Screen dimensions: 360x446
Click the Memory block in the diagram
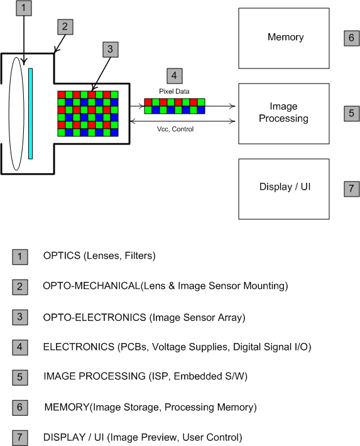[x=284, y=38]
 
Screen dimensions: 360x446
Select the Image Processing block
[x=284, y=114]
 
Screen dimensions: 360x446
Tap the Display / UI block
[x=284, y=189]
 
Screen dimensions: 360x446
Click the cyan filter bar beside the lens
[x=30, y=114]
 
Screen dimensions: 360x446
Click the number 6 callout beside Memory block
[x=351, y=38]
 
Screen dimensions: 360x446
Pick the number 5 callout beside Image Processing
[x=351, y=114]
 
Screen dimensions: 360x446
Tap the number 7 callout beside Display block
[x=351, y=189]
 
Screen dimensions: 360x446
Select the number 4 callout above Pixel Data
[x=174, y=76]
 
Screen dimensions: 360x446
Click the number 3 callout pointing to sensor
[x=111, y=50]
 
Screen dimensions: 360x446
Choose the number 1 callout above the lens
[x=24, y=8]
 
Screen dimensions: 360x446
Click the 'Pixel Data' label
[x=174, y=91]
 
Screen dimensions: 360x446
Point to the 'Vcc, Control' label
[x=175, y=129]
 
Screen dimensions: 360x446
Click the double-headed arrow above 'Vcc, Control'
[x=183, y=121]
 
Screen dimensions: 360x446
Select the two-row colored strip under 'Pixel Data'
[x=175, y=106]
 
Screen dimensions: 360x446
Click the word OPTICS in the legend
[x=62, y=256]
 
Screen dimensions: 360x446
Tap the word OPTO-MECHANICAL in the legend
[x=91, y=286]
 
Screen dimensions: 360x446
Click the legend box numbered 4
[x=20, y=347]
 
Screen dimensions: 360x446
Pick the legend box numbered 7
[x=20, y=438]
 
